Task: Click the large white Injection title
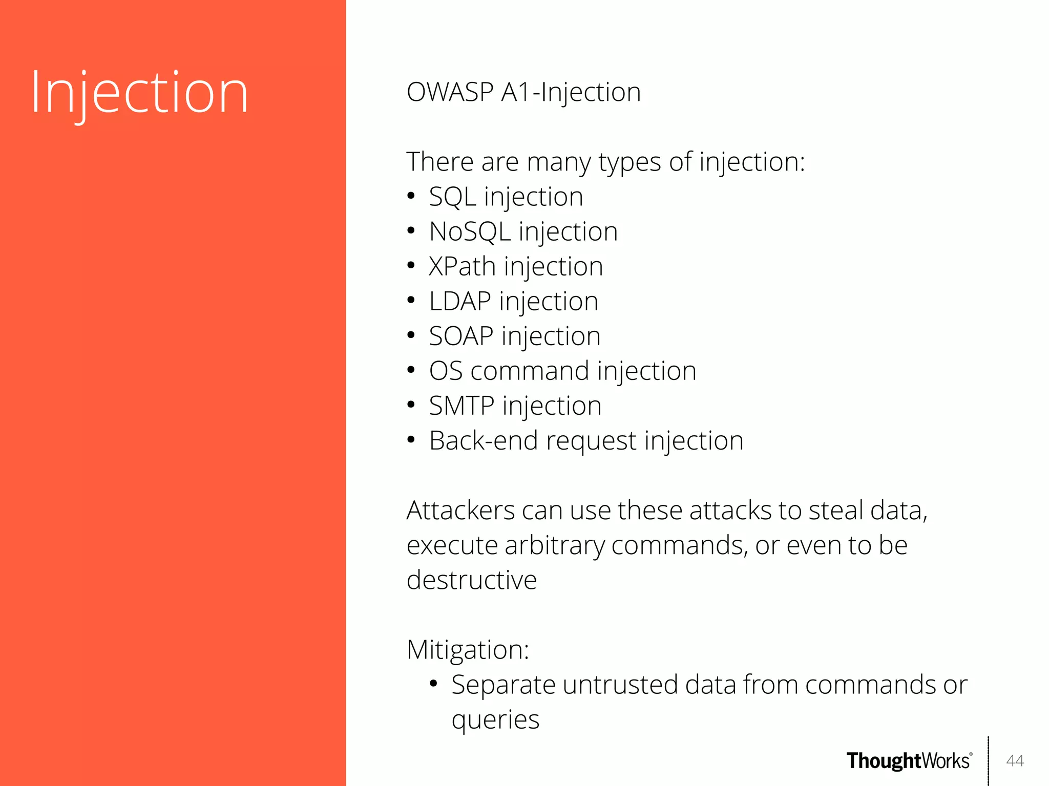tap(139, 93)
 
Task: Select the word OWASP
tap(450, 93)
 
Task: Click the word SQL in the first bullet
tap(452, 197)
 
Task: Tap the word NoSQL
tap(470, 232)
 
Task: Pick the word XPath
tap(462, 267)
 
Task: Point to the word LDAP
tap(460, 302)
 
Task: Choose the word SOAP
tap(461, 336)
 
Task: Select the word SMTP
tap(461, 406)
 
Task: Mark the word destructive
tap(471, 581)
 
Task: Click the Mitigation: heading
tap(467, 650)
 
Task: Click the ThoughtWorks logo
tap(909, 761)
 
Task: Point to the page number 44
tap(1015, 761)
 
